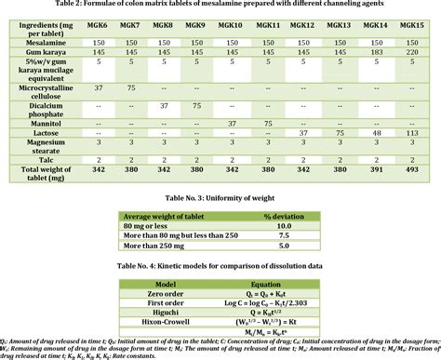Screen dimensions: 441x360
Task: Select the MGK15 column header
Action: pos(411,27)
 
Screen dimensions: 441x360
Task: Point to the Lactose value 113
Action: pos(411,133)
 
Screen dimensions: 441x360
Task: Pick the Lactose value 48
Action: pos(378,133)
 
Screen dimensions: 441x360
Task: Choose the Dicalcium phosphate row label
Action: pos(52,108)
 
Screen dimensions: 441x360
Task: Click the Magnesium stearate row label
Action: pos(52,147)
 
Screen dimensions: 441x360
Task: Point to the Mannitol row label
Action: pos(52,122)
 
